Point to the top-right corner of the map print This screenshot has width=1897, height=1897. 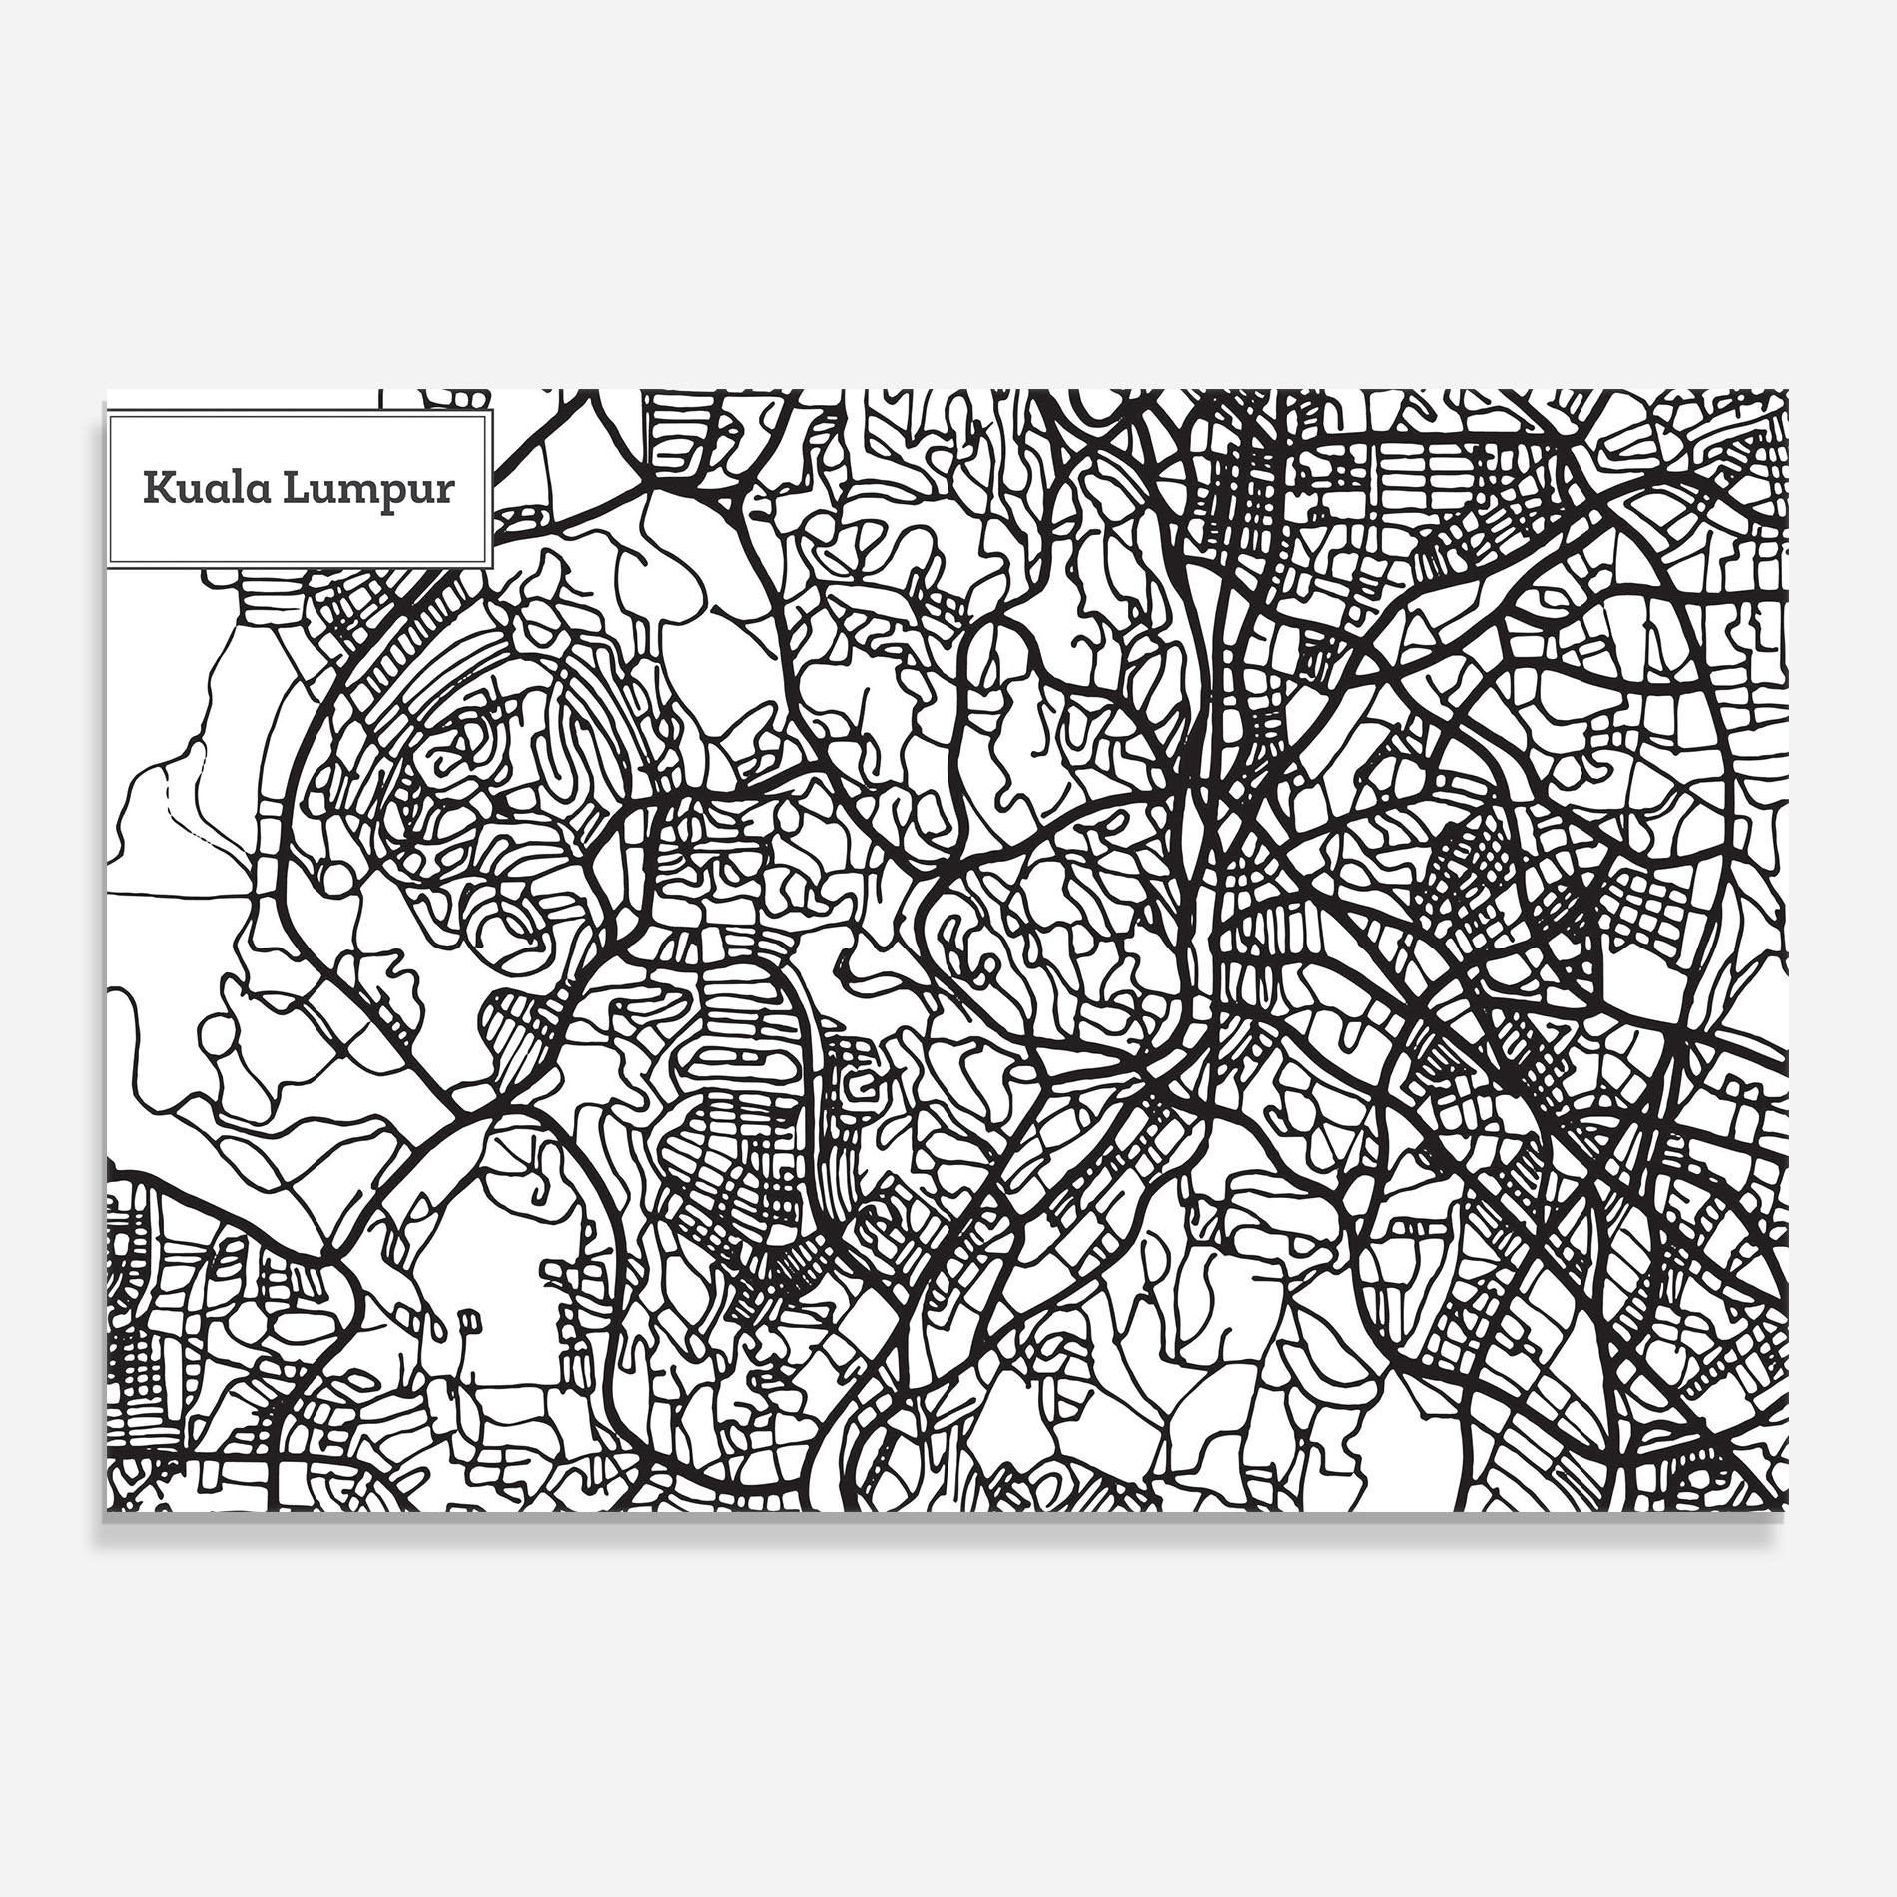coord(1787,391)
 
